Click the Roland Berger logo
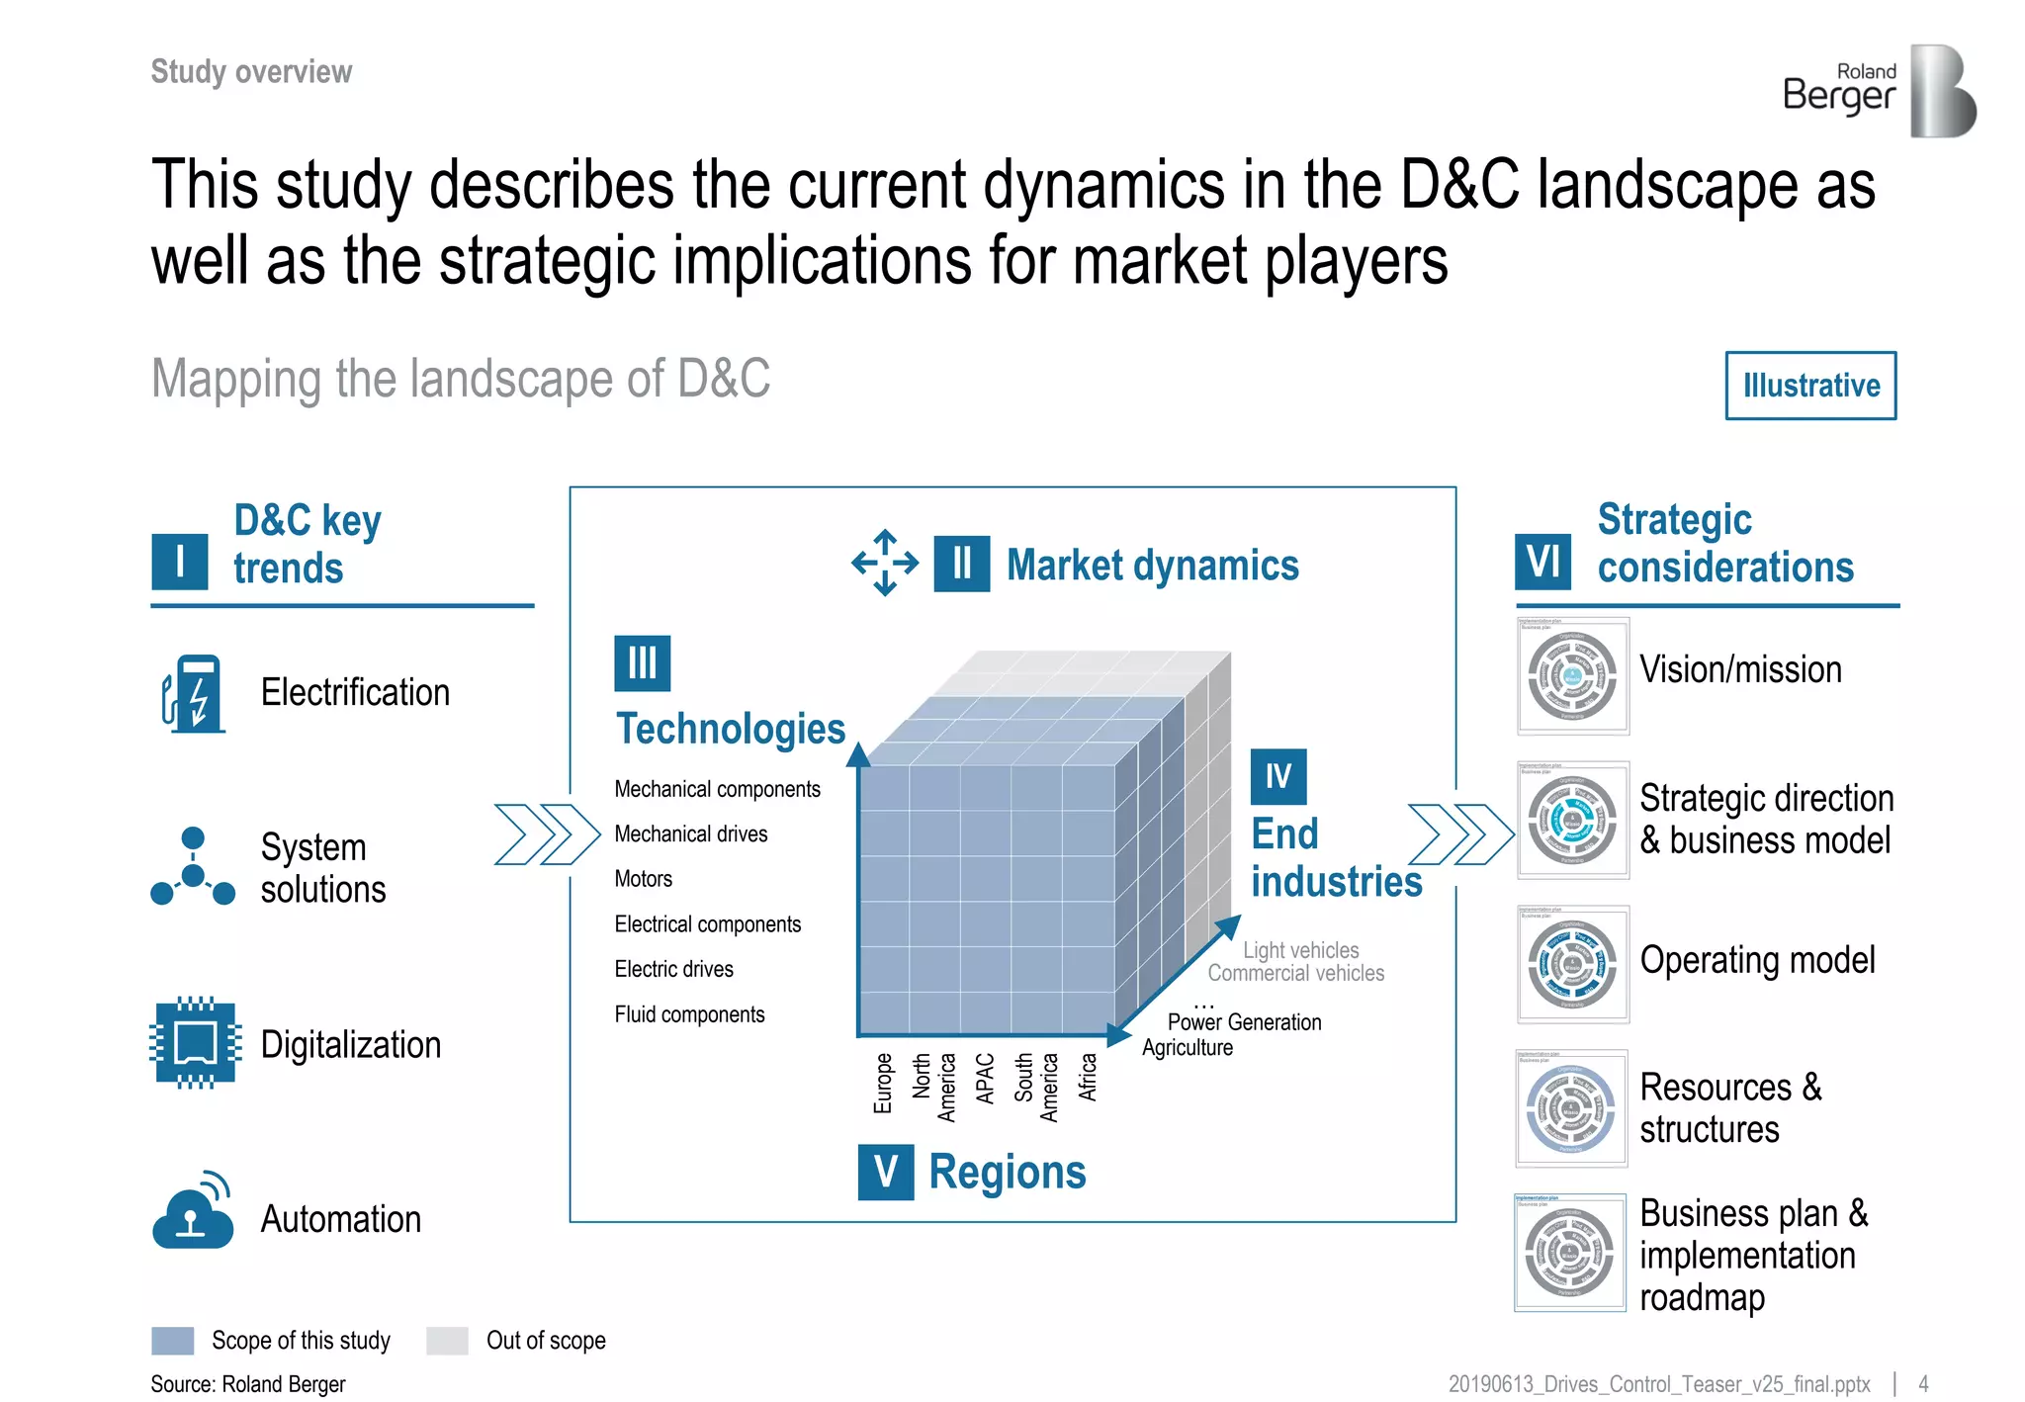[x=1879, y=91]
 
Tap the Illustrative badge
[x=1810, y=386]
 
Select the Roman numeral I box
[x=180, y=562]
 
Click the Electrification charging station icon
[x=194, y=693]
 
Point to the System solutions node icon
[x=193, y=867]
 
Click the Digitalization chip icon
[x=195, y=1043]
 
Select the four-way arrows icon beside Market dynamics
[x=885, y=563]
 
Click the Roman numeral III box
[x=642, y=662]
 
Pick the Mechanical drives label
[x=691, y=833]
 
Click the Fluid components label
[x=689, y=1014]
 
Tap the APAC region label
[x=985, y=1078]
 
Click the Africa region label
[x=1088, y=1078]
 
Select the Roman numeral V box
[x=885, y=1172]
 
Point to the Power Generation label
[x=1244, y=1022]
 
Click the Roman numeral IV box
[x=1277, y=777]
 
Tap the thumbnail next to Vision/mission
[x=1572, y=676]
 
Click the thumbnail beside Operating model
[x=1572, y=964]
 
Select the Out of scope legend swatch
[x=447, y=1341]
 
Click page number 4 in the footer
[x=1923, y=1384]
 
